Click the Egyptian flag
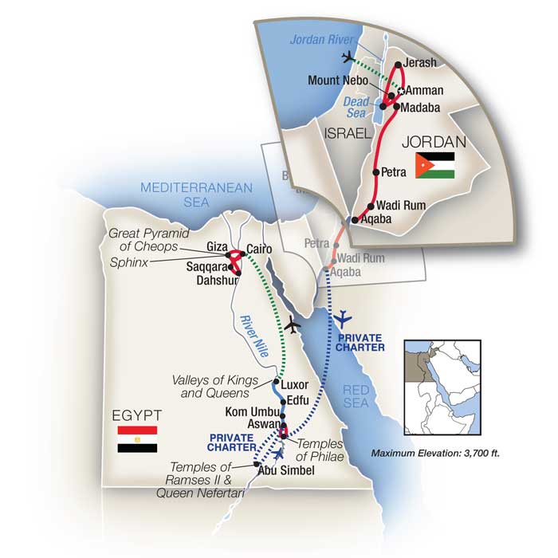137,439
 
